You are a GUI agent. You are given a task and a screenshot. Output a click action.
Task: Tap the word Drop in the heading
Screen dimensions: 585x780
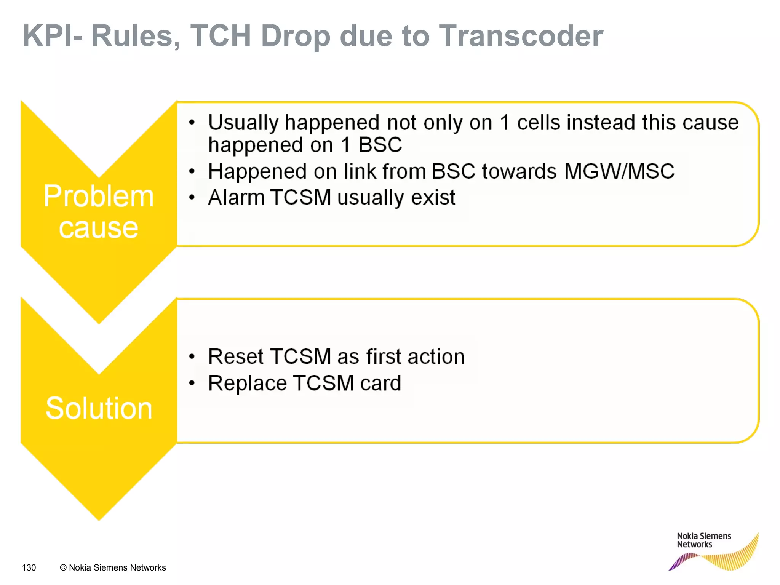click(x=295, y=37)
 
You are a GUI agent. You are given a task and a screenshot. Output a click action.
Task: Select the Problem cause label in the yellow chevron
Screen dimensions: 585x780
click(x=98, y=212)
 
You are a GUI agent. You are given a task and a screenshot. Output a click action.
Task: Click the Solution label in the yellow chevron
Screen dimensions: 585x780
click(x=99, y=408)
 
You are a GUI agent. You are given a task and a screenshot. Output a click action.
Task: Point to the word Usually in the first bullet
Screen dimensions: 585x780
click(x=243, y=123)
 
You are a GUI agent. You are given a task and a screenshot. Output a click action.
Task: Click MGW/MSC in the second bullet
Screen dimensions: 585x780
click(x=619, y=171)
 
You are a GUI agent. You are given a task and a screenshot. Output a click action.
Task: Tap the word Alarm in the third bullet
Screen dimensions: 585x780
click(x=236, y=198)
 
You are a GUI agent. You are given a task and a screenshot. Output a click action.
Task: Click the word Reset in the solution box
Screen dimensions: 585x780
click(x=236, y=357)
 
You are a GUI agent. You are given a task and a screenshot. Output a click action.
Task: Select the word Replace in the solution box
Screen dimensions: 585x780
click(x=247, y=383)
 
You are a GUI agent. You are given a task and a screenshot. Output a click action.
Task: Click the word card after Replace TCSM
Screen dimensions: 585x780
click(x=380, y=383)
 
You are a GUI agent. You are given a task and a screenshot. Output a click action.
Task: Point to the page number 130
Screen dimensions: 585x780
click(x=29, y=567)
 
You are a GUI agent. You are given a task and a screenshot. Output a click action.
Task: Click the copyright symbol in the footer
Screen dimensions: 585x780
click(x=63, y=567)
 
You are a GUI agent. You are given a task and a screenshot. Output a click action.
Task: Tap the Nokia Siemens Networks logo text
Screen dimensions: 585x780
click(x=703, y=540)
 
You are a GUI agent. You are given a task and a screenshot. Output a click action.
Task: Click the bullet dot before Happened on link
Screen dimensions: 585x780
click(x=192, y=172)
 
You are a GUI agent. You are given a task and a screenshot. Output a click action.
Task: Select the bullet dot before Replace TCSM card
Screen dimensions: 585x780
click(x=192, y=383)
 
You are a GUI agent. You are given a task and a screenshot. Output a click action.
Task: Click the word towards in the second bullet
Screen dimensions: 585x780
click(x=519, y=171)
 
